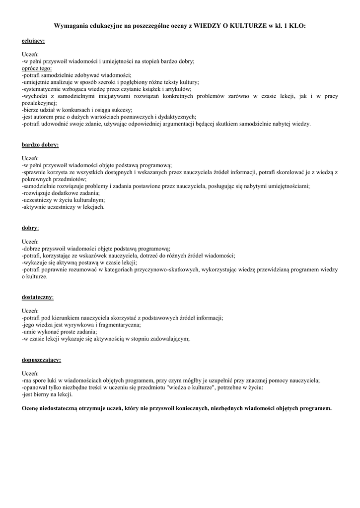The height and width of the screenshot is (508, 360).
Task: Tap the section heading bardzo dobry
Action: tap(40, 145)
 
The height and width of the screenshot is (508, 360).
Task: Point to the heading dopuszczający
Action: tap(42, 359)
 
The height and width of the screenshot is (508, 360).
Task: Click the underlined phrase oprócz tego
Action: tap(37, 68)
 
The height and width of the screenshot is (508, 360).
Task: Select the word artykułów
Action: tap(163, 89)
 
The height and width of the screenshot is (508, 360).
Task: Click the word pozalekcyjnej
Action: tap(39, 103)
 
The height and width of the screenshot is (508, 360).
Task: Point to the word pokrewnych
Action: tap(37, 179)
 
